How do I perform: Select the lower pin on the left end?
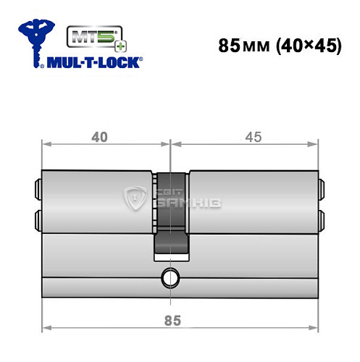coord(38,217)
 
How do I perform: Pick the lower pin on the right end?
coord(320,217)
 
